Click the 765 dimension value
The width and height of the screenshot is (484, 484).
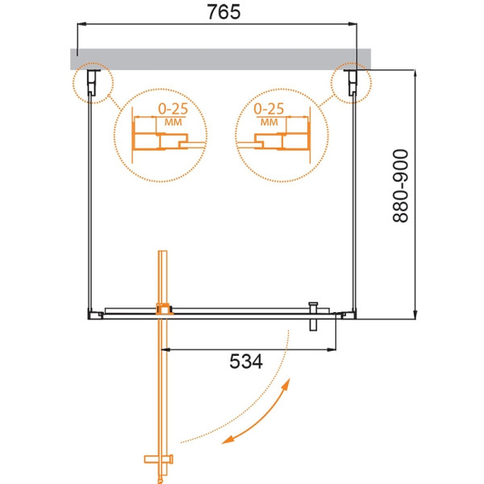pos(218,14)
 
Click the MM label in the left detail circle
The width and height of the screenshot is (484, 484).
pos(172,122)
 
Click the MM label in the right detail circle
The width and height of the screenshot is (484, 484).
pos(269,122)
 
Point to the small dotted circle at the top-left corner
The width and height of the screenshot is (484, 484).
pos(90,83)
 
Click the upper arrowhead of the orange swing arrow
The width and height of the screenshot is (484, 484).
pos(283,391)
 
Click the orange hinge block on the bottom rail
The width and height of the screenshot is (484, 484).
pos(164,309)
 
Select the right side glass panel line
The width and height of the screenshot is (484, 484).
pos(355,202)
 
